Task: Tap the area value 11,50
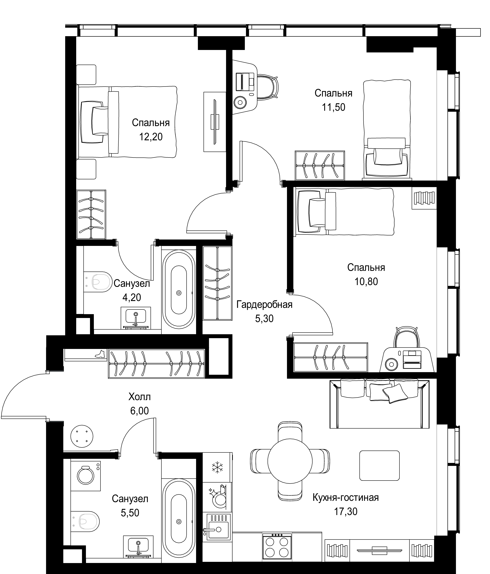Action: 334,107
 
